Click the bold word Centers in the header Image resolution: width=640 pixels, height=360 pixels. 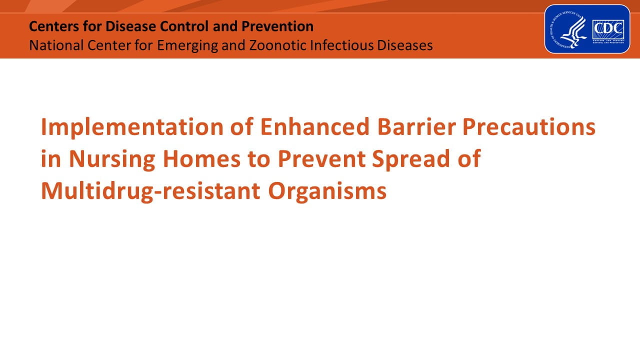coord(51,26)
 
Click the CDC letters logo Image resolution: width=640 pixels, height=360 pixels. coord(608,30)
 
